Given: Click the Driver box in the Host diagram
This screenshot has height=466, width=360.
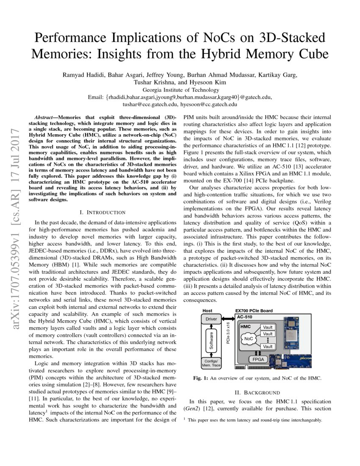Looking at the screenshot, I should [x=211, y=319].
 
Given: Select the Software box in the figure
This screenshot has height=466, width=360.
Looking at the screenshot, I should [x=211, y=341].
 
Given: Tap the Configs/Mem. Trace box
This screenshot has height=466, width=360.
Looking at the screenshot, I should [x=211, y=363].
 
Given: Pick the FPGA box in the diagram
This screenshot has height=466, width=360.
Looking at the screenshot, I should [x=258, y=359].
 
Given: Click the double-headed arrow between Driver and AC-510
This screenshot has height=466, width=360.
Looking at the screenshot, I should [x=228, y=319].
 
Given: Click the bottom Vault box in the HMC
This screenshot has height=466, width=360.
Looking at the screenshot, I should [x=268, y=347].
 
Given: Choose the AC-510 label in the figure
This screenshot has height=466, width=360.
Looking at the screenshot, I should [x=244, y=316].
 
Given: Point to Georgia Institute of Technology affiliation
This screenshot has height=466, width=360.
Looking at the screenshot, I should [x=180, y=90].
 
